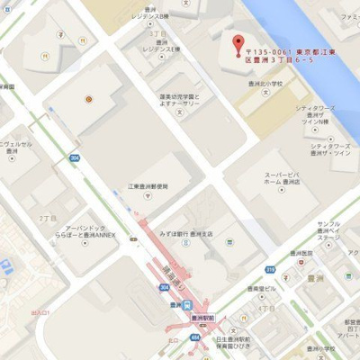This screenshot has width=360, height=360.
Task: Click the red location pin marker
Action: coord(238,43)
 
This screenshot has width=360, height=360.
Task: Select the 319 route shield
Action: coord(270,269)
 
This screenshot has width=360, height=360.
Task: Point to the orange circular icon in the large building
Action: coord(88,98)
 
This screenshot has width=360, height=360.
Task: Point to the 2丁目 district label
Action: coord(47,219)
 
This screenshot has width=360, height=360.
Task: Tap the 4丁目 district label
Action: coord(266,308)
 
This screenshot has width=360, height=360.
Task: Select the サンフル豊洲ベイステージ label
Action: coord(328,230)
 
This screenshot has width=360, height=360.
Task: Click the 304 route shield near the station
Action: coord(163,287)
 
